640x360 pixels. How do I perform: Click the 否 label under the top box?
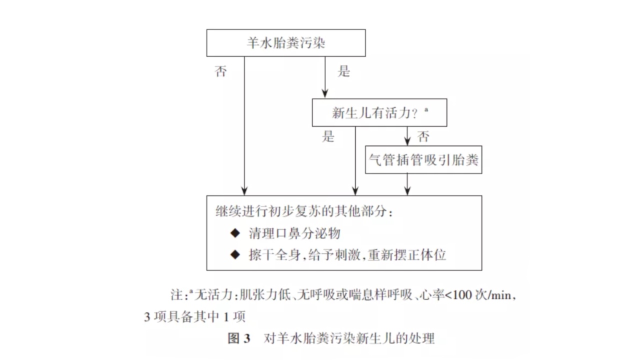[221, 71]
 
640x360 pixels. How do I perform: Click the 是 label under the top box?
[343, 71]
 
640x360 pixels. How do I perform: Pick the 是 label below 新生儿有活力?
[328, 136]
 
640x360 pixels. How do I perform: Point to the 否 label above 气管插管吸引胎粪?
[423, 136]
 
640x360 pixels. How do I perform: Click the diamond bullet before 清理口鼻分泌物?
[235, 233]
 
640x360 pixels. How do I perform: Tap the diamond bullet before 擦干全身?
[235, 254]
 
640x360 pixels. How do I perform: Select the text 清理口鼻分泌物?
[294, 233]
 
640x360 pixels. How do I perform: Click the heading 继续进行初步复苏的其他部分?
[304, 211]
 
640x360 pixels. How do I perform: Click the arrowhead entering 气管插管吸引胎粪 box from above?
[407, 141]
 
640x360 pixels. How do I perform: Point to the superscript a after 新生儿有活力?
[426, 110]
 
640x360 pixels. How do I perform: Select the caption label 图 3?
[239, 338]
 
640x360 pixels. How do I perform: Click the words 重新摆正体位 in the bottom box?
[407, 254]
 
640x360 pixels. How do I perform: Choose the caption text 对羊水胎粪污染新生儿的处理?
[349, 338]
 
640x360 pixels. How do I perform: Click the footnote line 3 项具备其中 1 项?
[195, 317]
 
